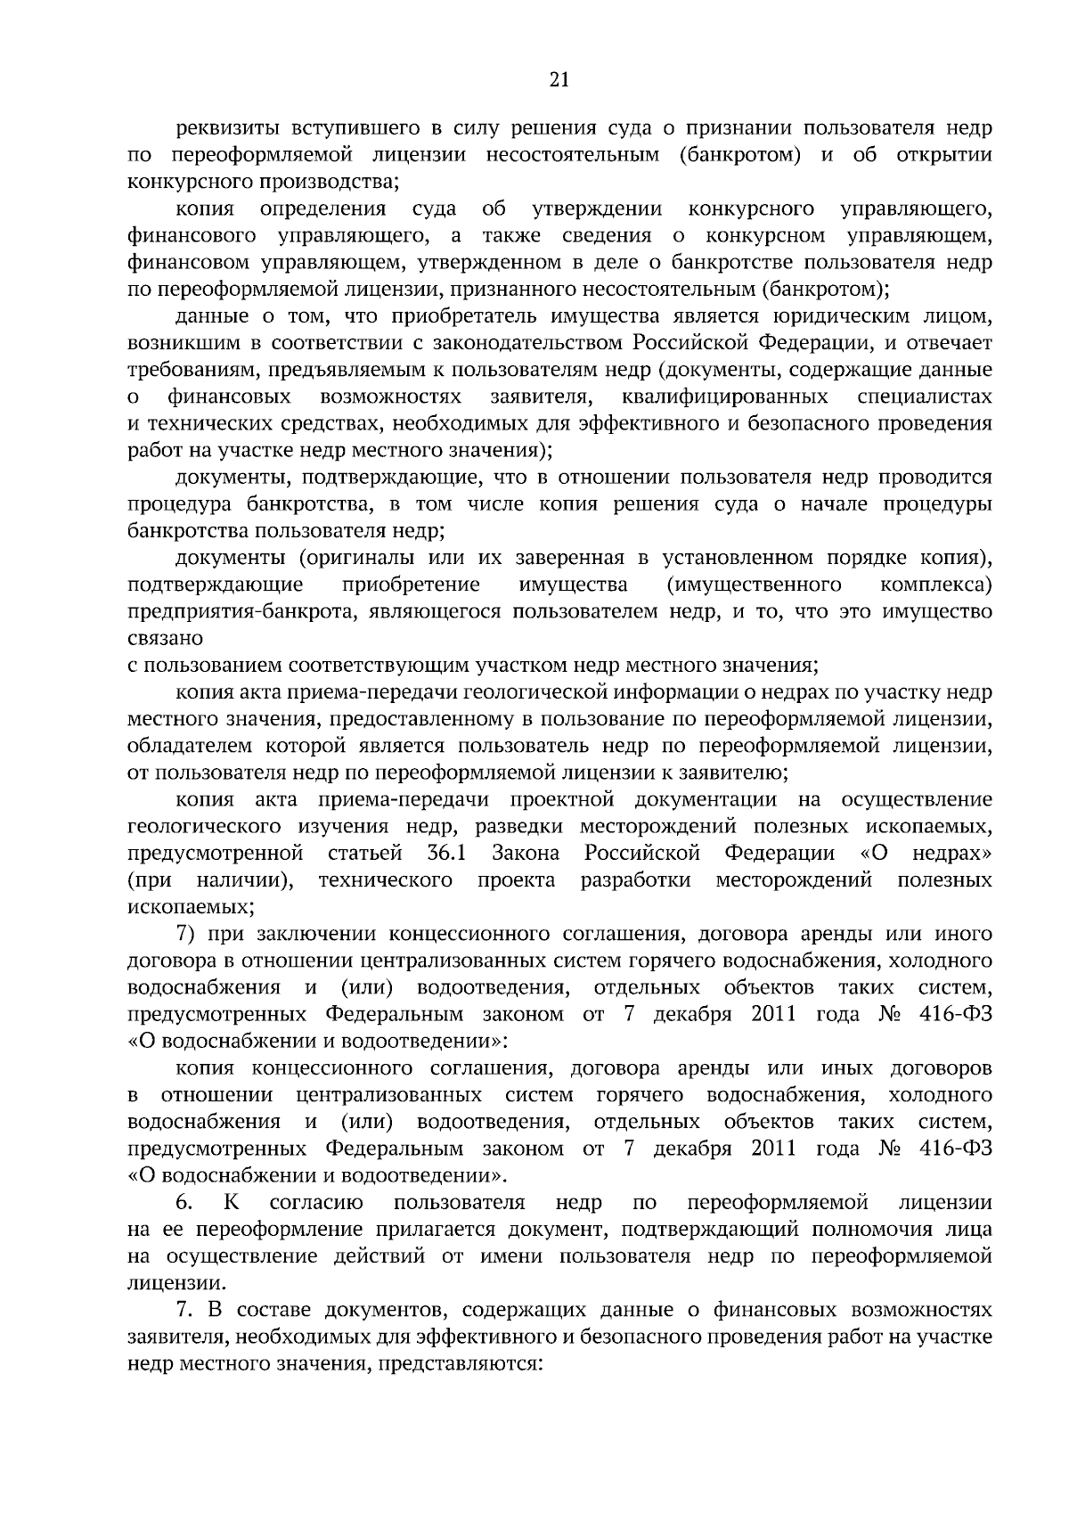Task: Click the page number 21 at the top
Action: (559, 79)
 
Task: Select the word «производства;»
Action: (339, 183)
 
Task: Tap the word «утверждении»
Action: (597, 209)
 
